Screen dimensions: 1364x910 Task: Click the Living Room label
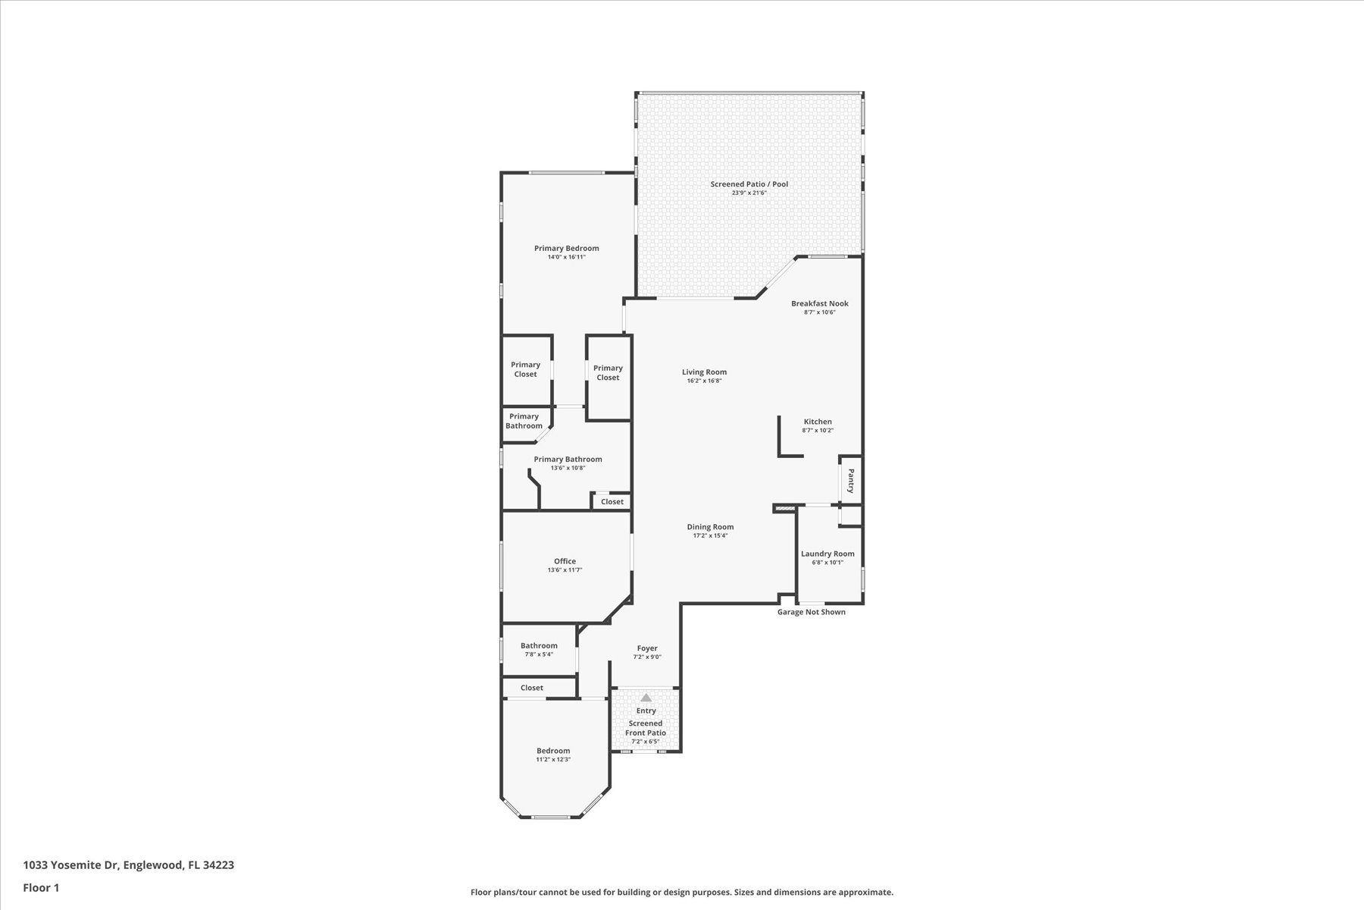click(704, 372)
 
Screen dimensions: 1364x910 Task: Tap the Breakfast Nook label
click(820, 303)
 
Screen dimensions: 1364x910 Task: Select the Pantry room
click(850, 480)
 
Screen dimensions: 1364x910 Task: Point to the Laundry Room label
click(827, 554)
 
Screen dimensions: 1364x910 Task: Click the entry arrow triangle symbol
click(646, 698)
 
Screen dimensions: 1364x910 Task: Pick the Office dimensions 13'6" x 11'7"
click(565, 570)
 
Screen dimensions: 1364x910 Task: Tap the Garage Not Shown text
click(812, 612)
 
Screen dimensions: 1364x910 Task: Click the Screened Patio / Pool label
click(749, 184)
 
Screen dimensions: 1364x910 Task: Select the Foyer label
click(647, 648)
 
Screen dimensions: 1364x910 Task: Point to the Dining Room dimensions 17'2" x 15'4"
click(710, 535)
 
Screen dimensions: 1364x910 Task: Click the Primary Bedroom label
click(566, 248)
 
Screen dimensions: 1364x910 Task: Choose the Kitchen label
click(818, 422)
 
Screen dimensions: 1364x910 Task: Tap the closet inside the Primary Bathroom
click(612, 501)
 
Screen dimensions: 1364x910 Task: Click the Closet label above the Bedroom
click(532, 688)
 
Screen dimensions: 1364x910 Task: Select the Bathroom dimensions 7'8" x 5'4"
click(539, 654)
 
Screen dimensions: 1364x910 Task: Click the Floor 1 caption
click(41, 887)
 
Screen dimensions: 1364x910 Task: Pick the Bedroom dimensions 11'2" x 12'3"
click(553, 759)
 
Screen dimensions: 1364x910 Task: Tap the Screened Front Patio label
click(646, 728)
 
